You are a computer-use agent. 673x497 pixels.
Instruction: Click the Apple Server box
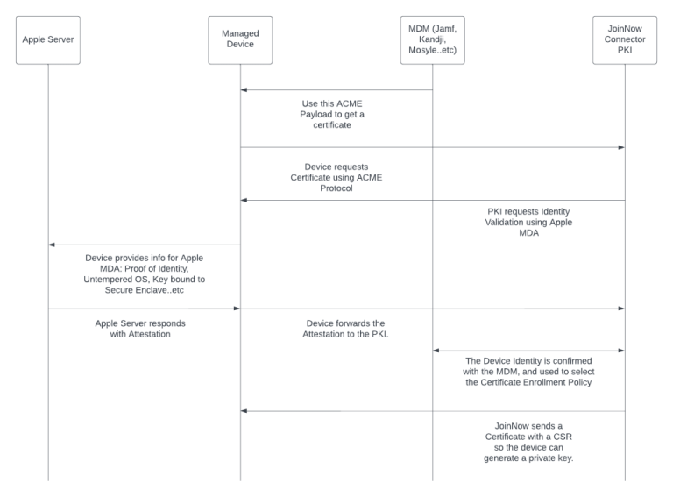pos(48,39)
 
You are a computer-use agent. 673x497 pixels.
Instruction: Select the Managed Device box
pos(240,39)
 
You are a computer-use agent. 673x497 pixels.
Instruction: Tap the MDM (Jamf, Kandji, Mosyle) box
pos(433,39)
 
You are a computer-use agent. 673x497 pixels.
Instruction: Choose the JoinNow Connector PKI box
pos(624,39)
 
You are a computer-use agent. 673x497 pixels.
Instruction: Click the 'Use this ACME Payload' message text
pos(336,114)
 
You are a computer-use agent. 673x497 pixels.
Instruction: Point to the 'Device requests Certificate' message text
pos(336,175)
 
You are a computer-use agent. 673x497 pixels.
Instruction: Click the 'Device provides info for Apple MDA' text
pos(144,272)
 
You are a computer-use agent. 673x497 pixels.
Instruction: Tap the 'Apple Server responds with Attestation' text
pos(144,329)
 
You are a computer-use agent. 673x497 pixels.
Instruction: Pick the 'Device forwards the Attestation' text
pos(336,329)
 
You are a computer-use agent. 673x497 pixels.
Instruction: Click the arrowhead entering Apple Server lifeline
pos(53,245)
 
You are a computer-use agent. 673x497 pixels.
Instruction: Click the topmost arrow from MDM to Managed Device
pos(336,89)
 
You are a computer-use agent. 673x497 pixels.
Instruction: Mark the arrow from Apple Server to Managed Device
pos(144,309)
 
